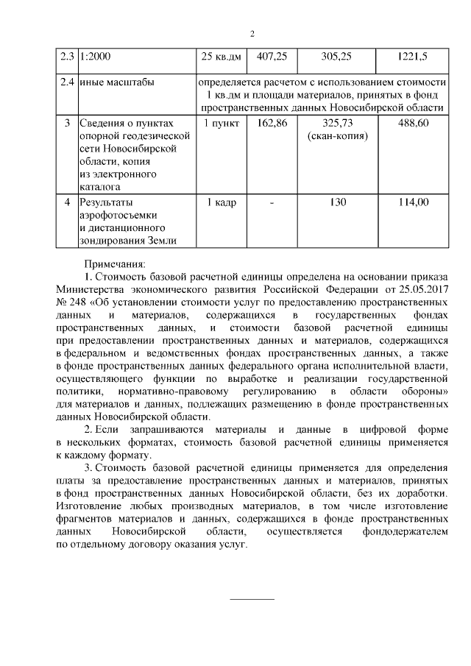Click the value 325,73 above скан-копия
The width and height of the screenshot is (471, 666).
[338, 122]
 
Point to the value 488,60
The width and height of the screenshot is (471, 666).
[412, 122]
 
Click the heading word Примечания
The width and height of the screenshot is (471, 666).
[116, 263]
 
